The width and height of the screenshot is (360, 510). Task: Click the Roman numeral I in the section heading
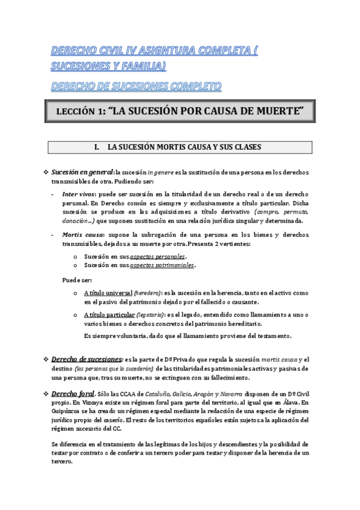(x=96, y=147)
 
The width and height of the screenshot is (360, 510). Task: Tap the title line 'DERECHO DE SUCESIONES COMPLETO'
(x=136, y=87)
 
